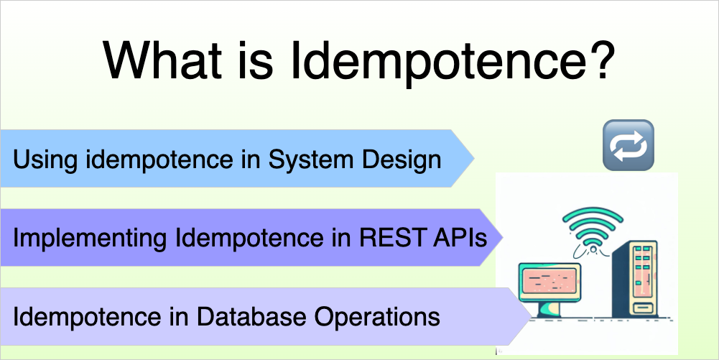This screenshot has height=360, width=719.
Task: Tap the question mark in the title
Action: coord(595,61)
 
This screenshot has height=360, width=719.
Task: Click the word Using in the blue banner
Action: coord(45,159)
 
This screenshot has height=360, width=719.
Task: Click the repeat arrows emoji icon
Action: coord(627,145)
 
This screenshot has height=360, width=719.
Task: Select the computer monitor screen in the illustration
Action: coord(549,281)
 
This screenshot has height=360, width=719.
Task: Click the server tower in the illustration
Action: coord(636,277)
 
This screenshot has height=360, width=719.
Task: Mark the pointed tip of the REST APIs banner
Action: coord(501,237)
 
